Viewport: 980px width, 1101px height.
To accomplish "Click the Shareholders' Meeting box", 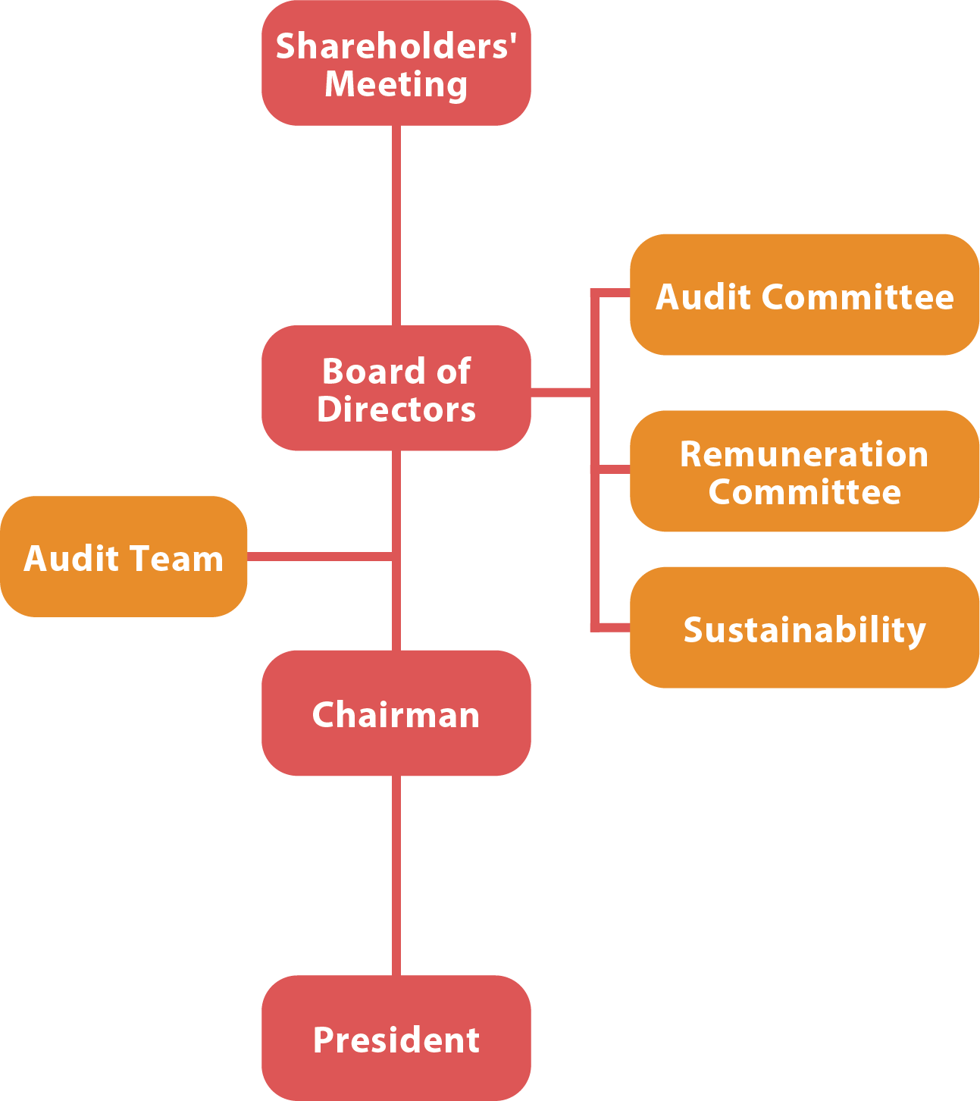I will (396, 64).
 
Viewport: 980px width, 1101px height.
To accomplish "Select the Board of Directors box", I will (396, 389).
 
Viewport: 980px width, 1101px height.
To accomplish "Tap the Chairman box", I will (396, 714).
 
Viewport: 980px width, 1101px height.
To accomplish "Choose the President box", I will (396, 1038).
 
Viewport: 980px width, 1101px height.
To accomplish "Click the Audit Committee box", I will (804, 295).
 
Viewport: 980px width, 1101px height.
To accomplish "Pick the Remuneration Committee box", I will (804, 472).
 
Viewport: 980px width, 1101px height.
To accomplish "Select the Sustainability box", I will (804, 628).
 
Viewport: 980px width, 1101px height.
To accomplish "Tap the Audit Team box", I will (124, 557).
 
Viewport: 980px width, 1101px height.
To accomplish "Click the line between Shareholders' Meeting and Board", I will (396, 225).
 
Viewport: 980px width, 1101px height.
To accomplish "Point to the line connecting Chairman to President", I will (396, 875).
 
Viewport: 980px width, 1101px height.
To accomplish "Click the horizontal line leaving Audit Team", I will (319, 557).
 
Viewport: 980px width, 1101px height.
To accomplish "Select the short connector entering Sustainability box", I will (611, 627).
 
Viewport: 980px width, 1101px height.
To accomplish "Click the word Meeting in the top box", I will (396, 85).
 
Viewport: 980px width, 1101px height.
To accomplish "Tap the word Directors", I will (396, 409).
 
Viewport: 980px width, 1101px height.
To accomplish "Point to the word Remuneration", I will (804, 454).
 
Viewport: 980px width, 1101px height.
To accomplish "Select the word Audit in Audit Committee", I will (704, 296).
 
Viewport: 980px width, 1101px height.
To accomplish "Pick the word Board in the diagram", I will (362, 372).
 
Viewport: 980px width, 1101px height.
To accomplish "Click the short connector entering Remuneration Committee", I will (611, 469).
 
